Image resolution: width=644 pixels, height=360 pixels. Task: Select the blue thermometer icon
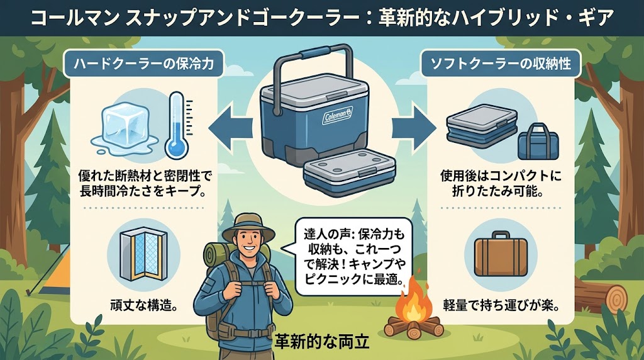pyautogui.click(x=177, y=125)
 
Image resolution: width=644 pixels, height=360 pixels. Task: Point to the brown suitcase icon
pyautogui.click(x=501, y=254)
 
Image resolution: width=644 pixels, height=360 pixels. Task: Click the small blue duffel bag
pyautogui.click(x=538, y=142)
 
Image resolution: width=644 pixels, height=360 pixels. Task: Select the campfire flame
pyautogui.click(x=414, y=298)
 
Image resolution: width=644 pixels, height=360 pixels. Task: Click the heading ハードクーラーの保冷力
pyautogui.click(x=144, y=64)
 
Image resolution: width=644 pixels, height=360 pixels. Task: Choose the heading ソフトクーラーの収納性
pyautogui.click(x=501, y=64)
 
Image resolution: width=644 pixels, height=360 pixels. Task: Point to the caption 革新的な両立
pyautogui.click(x=321, y=341)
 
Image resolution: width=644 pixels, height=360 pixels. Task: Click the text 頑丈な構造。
pyautogui.click(x=144, y=305)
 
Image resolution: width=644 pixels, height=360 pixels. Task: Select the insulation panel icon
pyautogui.click(x=144, y=252)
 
